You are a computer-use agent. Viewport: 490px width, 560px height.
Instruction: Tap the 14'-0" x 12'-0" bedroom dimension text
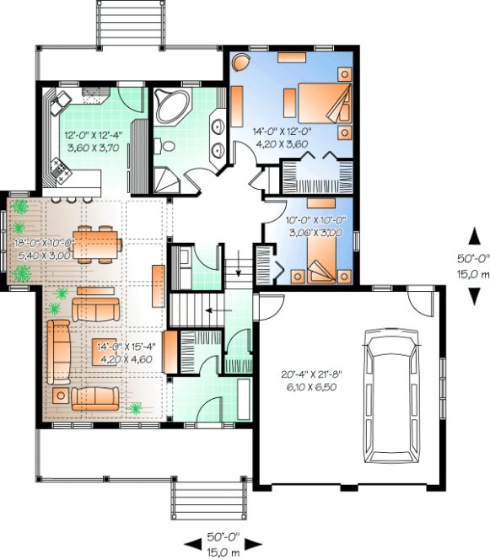coord(282,137)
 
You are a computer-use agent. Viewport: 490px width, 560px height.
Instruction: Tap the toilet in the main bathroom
coord(167,146)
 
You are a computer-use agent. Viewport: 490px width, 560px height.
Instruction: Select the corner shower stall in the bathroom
coord(164,180)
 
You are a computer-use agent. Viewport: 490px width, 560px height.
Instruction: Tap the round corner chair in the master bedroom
coord(241,63)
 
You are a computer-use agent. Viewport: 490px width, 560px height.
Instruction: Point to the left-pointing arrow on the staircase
coord(208,310)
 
